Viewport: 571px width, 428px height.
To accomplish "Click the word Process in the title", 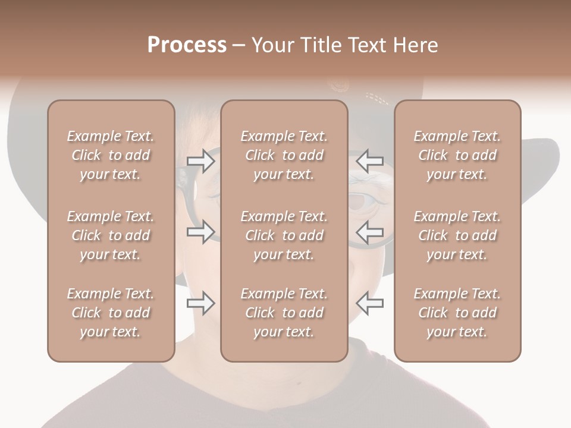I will (x=187, y=45).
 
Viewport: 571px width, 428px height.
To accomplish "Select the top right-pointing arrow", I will (x=200, y=160).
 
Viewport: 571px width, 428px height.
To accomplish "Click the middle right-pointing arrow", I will (x=200, y=232).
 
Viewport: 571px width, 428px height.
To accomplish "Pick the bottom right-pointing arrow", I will (x=200, y=303).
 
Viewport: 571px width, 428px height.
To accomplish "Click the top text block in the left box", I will (x=111, y=155).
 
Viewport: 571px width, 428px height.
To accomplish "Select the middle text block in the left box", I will (x=111, y=235).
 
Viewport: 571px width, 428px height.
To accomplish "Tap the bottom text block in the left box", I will (x=111, y=313).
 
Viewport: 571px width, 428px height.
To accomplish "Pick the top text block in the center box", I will (x=284, y=155).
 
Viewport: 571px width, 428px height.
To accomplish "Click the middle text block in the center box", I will (x=284, y=235).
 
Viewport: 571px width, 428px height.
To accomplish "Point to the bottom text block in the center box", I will (x=284, y=313).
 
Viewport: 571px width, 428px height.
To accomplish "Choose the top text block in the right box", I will (x=457, y=155).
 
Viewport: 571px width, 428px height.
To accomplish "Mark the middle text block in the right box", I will (x=457, y=235).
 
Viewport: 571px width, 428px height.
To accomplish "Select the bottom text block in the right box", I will (x=457, y=313).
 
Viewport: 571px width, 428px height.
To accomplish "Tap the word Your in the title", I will (x=272, y=45).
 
